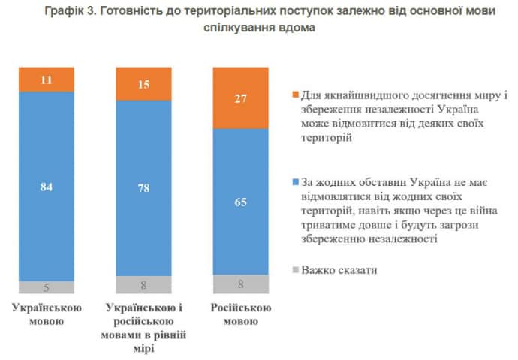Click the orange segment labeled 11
[47, 79]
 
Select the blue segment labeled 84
[47, 186]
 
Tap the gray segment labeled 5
[47, 286]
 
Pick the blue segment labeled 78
[144, 187]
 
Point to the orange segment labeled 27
[241, 97]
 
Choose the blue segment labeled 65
[241, 201]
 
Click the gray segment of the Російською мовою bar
[241, 283]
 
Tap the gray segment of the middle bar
[144, 283]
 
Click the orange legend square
[295, 96]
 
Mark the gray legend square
[295, 268]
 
